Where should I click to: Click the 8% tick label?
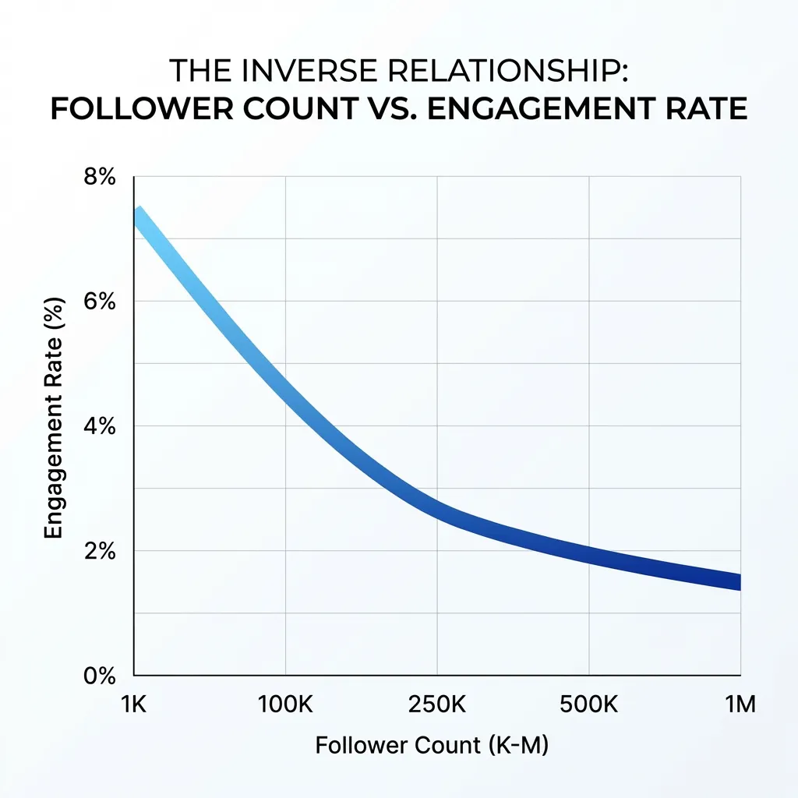(x=100, y=177)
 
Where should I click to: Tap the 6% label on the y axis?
(x=100, y=302)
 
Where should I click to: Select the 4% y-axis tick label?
(x=100, y=426)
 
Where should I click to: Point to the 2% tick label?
(x=100, y=551)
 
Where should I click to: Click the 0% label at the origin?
(x=100, y=676)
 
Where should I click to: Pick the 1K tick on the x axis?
(x=135, y=705)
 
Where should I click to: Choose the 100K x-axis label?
(x=285, y=705)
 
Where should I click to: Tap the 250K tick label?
(x=436, y=705)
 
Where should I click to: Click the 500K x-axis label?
(x=588, y=705)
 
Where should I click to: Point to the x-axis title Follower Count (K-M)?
(x=432, y=746)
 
